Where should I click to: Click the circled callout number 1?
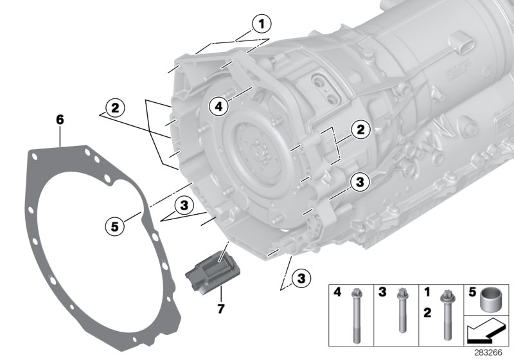(261, 24)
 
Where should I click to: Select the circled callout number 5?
(115, 225)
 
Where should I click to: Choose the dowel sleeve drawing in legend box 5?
(490, 298)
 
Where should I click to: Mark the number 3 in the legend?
(383, 292)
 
